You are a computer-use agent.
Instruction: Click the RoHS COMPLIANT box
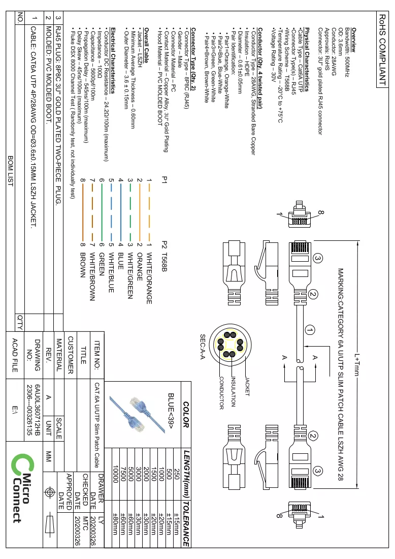(x=381, y=49)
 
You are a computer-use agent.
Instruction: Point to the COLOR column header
(x=186, y=414)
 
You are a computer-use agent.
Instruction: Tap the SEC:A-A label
(x=202, y=347)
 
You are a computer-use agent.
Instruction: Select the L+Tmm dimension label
(x=356, y=364)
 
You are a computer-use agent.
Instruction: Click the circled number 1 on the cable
(x=310, y=330)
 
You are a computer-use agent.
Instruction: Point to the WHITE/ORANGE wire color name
(x=149, y=278)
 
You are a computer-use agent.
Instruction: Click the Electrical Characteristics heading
(x=113, y=60)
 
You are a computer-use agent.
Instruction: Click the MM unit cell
(x=49, y=456)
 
